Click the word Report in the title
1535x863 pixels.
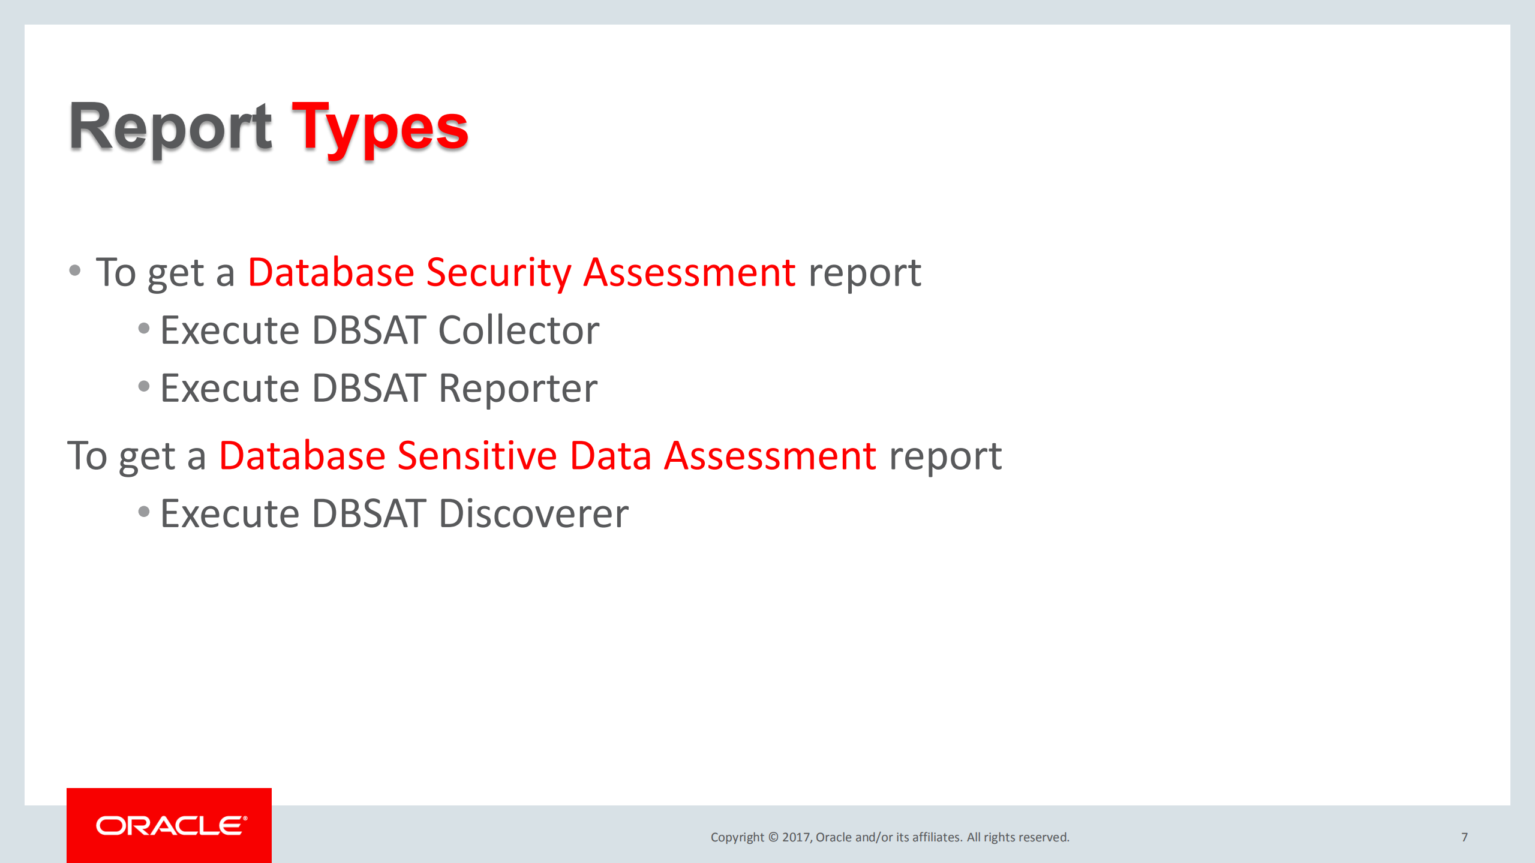(x=170, y=127)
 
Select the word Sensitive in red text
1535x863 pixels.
(x=477, y=456)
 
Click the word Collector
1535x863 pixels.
(x=518, y=330)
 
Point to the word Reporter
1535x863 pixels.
(x=518, y=389)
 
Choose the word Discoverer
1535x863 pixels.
(x=533, y=514)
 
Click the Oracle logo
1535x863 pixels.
(x=170, y=826)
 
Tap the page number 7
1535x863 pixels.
(x=1464, y=837)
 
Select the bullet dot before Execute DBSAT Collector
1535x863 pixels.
(x=143, y=329)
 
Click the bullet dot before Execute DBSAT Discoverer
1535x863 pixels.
(x=143, y=512)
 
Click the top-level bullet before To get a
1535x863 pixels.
(x=75, y=270)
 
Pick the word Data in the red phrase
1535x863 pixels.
(x=610, y=456)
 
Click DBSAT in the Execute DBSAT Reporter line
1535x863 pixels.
(x=369, y=389)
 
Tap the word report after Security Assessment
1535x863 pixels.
(x=864, y=273)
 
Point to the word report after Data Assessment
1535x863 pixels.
(x=945, y=456)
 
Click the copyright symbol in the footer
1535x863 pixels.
(x=773, y=837)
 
